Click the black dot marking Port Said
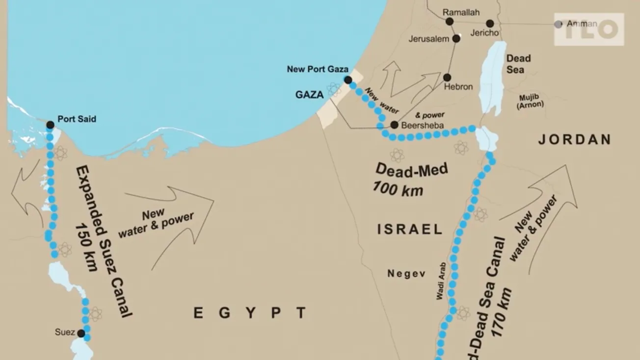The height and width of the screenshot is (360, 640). pyautogui.click(x=50, y=125)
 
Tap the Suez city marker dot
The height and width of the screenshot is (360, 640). pyautogui.click(x=81, y=334)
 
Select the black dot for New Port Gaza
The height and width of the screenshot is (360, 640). pyautogui.click(x=348, y=80)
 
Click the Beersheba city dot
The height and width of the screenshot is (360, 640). pyautogui.click(x=394, y=125)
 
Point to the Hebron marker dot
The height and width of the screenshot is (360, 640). pyautogui.click(x=447, y=77)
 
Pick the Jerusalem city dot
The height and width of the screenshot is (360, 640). pyautogui.click(x=456, y=38)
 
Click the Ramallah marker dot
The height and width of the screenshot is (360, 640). pyautogui.click(x=450, y=22)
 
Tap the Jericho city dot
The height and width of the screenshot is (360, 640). pyautogui.click(x=490, y=24)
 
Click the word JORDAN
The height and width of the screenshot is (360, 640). pyautogui.click(x=575, y=140)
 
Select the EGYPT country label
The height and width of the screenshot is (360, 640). pyautogui.click(x=250, y=313)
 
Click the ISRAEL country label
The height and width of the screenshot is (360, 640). pyautogui.click(x=410, y=229)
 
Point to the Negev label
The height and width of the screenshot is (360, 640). pyautogui.click(x=406, y=274)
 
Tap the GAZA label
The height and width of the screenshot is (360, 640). pyautogui.click(x=310, y=95)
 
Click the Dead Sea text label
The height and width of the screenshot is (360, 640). pyautogui.click(x=519, y=64)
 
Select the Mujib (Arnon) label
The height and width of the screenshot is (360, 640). pyautogui.click(x=532, y=101)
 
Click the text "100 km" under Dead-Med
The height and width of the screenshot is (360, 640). pyautogui.click(x=398, y=188)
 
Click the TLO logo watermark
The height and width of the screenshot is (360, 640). pyautogui.click(x=589, y=29)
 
